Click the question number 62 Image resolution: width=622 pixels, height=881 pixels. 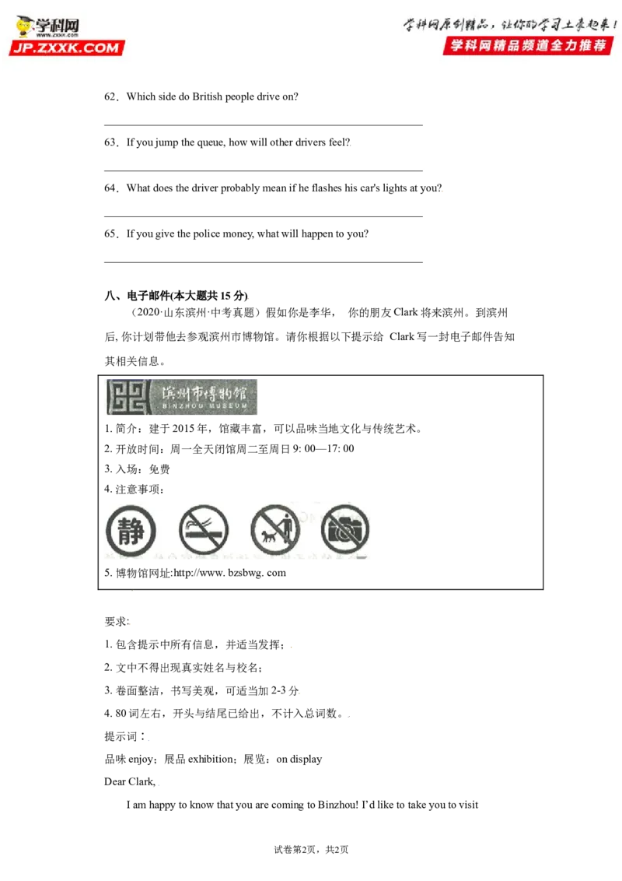pos(110,97)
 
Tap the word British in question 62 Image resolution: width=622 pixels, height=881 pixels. pos(207,97)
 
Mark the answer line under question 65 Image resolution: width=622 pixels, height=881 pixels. pos(264,261)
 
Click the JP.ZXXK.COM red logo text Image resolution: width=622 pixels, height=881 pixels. pos(67,47)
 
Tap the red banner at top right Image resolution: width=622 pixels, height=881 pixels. pos(528,45)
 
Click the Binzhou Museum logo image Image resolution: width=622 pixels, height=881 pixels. pos(182,397)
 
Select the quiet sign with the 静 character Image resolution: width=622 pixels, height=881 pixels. pos(131,531)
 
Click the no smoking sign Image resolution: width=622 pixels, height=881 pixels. pos(203,531)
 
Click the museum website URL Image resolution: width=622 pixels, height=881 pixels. pos(229,573)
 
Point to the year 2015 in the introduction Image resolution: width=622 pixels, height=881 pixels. pos(183,429)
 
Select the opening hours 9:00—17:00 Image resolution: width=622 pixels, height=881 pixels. pos(323,449)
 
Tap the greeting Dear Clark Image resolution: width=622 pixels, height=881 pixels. pos(130,781)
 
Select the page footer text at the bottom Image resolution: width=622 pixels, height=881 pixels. pos(311,850)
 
